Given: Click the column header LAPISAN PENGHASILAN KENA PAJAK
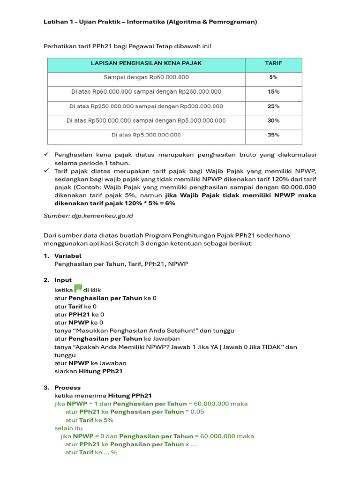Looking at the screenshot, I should [146, 63].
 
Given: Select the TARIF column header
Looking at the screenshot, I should [273, 63].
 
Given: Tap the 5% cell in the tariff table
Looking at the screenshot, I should [273, 77].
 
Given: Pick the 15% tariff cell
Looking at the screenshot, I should [273, 92].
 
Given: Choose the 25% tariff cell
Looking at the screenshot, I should [273, 106].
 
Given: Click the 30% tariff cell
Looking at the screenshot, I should [273, 120].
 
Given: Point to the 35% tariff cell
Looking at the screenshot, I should [273, 135].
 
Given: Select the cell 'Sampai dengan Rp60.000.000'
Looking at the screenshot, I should [146, 77].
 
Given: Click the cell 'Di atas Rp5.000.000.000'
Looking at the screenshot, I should [146, 135].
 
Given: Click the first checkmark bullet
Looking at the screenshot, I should [46, 155].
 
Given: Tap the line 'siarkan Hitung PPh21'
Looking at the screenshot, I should [89, 371].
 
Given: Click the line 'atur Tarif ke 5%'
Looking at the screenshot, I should [89, 420].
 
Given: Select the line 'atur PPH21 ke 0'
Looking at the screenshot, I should [79, 315].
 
